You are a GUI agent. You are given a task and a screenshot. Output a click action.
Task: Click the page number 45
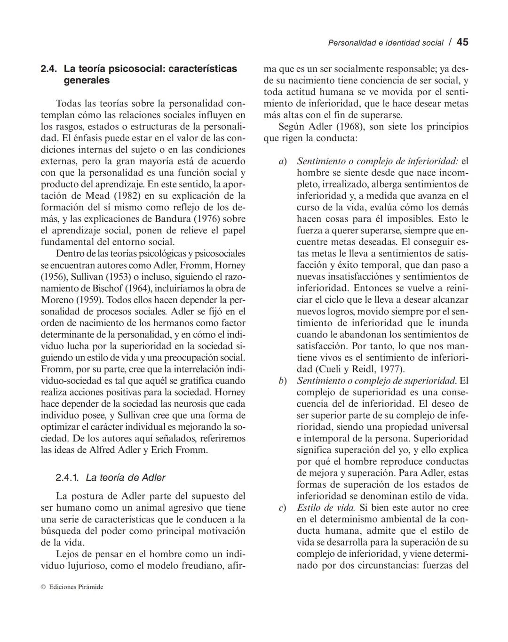point(462,42)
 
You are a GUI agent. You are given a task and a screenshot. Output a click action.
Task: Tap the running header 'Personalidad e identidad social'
point(385,43)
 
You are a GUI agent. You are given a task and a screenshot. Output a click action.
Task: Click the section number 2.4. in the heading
point(49,69)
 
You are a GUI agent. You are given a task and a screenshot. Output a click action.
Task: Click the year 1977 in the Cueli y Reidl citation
point(391,369)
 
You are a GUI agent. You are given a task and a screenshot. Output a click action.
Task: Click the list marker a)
point(282,161)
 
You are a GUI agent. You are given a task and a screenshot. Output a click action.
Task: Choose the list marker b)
point(282,381)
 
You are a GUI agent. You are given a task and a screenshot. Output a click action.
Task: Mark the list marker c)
point(282,508)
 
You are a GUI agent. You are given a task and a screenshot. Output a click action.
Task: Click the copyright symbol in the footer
point(43,587)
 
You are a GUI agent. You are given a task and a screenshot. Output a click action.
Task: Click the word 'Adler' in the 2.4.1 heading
point(152,478)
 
